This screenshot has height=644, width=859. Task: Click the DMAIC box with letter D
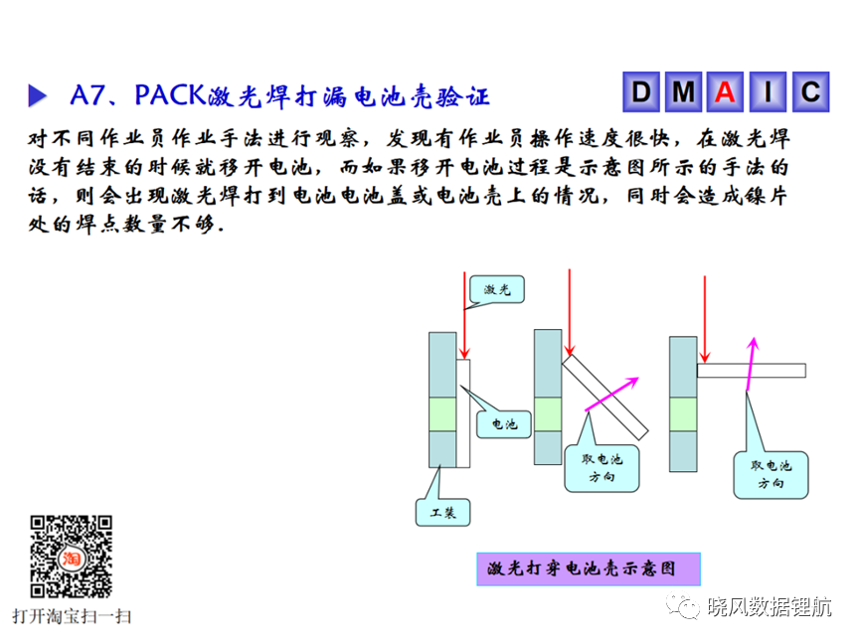pyautogui.click(x=641, y=92)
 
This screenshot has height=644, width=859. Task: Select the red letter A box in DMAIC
pyautogui.click(x=725, y=92)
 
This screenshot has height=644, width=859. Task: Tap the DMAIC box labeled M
pyautogui.click(x=683, y=92)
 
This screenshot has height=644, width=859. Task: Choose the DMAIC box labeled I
pyautogui.click(x=768, y=92)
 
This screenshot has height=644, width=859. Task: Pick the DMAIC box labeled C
pyautogui.click(x=811, y=92)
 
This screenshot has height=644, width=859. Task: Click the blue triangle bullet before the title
pyautogui.click(x=37, y=95)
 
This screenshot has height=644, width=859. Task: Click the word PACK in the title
pyautogui.click(x=170, y=95)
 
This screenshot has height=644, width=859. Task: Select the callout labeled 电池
pyautogui.click(x=504, y=423)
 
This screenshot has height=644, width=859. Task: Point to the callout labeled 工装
pyautogui.click(x=442, y=513)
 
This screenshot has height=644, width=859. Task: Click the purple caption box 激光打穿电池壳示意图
pyautogui.click(x=589, y=569)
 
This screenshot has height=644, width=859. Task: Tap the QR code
pyautogui.click(x=72, y=557)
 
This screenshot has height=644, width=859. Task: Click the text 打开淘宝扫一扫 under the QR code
pyautogui.click(x=72, y=616)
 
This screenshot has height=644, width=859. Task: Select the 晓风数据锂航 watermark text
pyautogui.click(x=769, y=607)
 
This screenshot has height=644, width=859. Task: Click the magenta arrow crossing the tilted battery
pyautogui.click(x=611, y=394)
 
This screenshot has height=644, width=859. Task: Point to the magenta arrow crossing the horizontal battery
pyautogui.click(x=751, y=364)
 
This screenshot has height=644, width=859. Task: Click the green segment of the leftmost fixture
pyautogui.click(x=442, y=414)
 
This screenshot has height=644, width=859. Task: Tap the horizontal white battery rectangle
pyautogui.click(x=752, y=371)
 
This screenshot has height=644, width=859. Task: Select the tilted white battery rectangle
pyautogui.click(x=605, y=397)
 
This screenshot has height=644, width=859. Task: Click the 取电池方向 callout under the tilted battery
pyautogui.click(x=601, y=468)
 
